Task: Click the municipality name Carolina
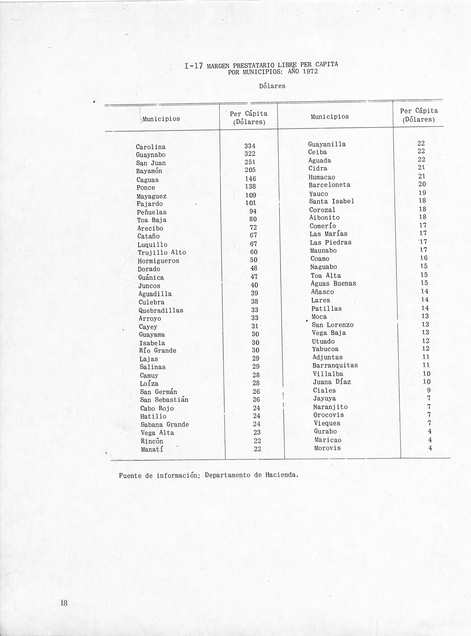[151, 147]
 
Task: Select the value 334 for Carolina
[250, 146]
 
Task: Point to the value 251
[250, 162]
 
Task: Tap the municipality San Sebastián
[164, 400]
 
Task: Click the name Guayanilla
[327, 144]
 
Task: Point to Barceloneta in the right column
[329, 185]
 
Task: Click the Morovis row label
[327, 448]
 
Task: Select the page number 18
[64, 603]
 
